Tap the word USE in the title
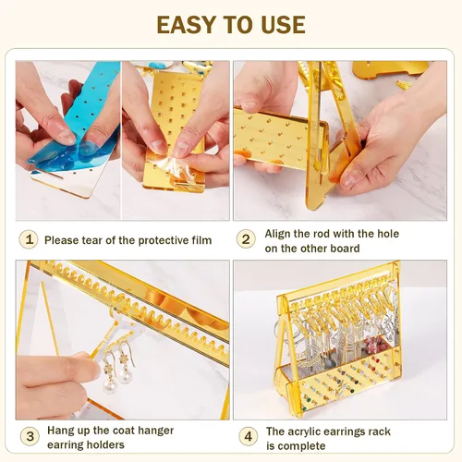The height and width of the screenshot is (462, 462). [x=283, y=25]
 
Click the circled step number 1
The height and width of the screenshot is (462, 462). [x=29, y=239]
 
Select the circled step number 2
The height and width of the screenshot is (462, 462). [x=246, y=239]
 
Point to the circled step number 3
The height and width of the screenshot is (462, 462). [x=30, y=436]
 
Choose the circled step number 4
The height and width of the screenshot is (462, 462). [x=248, y=436]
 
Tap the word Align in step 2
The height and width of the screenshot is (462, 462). [x=277, y=234]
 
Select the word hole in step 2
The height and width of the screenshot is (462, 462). [x=387, y=234]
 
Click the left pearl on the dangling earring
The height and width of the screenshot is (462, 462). [x=110, y=387]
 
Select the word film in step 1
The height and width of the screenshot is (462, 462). [x=202, y=240]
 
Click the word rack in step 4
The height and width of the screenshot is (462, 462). [x=379, y=432]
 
